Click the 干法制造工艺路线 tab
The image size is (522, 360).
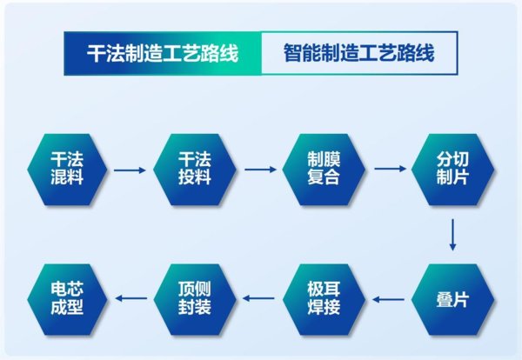tap(163, 53)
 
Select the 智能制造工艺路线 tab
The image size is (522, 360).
tap(359, 53)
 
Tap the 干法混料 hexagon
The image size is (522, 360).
tap(67, 170)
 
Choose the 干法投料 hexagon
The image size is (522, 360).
tap(195, 170)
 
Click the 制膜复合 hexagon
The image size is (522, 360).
tap(324, 170)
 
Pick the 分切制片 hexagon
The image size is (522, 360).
tap(452, 170)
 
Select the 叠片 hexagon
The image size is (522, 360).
tap(452, 299)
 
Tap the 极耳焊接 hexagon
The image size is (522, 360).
tap(324, 299)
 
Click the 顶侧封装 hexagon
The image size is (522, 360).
tap(195, 299)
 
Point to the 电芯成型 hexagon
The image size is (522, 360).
tap(67, 299)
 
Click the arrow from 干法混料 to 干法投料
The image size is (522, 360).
tap(130, 170)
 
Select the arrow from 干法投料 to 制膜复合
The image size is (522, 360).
tap(260, 170)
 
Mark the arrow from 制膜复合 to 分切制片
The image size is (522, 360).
tap(390, 169)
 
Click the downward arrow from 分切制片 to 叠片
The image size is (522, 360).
tap(452, 235)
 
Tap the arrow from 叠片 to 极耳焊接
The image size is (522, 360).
tap(389, 299)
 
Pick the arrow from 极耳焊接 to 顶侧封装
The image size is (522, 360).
tap(258, 298)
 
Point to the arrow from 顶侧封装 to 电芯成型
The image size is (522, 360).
tap(131, 298)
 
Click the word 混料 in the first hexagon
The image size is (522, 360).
tap(67, 177)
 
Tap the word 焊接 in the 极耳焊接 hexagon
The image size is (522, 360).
tap(324, 307)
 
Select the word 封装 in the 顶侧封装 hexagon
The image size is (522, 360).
tap(195, 307)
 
